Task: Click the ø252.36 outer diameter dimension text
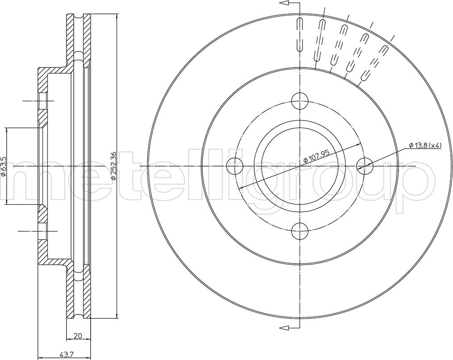114,166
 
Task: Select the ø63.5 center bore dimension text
4,166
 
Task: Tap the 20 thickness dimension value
78,336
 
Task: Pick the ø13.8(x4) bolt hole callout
425,146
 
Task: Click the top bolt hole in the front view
300,101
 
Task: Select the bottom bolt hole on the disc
300,231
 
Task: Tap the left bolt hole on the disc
235,166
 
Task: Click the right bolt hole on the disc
365,166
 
